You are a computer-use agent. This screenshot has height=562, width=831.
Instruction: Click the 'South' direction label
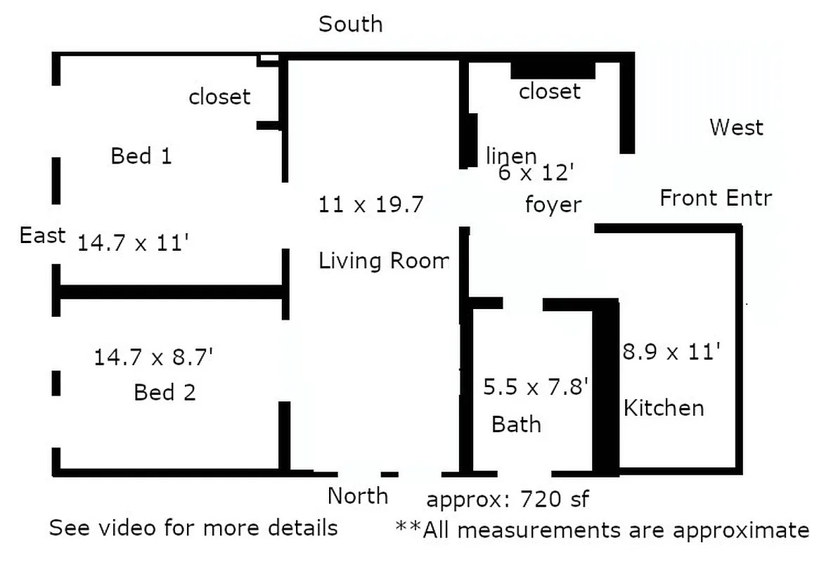coord(351,24)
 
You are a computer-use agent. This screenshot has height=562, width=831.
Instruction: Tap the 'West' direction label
coord(736,127)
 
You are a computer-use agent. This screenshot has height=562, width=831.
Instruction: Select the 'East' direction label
coord(42,235)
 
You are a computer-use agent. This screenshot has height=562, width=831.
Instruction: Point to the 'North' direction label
coord(358,496)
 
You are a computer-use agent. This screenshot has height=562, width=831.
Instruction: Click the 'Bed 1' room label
coord(141,155)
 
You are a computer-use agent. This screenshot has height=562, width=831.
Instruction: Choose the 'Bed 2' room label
coord(165,392)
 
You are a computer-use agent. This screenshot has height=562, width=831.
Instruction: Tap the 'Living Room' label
coord(383,261)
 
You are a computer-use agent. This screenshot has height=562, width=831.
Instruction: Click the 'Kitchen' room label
coord(664,407)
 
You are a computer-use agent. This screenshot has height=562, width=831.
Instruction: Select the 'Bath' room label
coord(516,424)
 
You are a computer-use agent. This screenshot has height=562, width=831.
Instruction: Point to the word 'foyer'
coord(553,204)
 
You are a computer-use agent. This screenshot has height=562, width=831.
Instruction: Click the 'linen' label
coord(511,155)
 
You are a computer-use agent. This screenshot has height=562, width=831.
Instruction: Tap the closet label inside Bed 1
coord(219,96)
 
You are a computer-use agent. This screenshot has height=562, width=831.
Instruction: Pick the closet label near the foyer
coord(550,91)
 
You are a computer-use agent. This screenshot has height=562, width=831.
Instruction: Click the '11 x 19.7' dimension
coord(371,204)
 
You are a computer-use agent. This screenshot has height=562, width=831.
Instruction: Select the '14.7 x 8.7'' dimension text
coord(153,358)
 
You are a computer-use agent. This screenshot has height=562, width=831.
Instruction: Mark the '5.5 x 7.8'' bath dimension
coord(536,386)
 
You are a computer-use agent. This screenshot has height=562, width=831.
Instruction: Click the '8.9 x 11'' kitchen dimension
coord(671,351)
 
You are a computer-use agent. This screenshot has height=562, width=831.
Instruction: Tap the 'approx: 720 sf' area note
coord(507,499)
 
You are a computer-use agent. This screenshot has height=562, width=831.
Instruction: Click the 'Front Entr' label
coord(715,198)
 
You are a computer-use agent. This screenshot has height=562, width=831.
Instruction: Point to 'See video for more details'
coord(193,527)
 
